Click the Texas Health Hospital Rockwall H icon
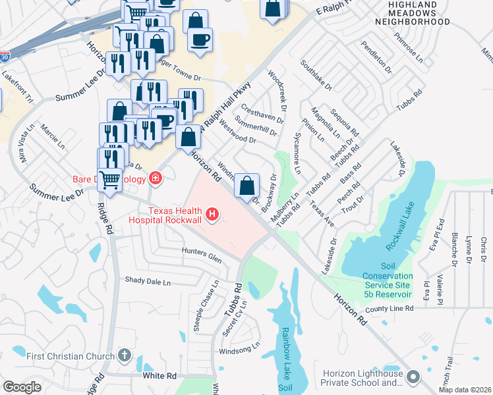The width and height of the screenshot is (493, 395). coord(212,214)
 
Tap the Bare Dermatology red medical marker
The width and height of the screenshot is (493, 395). coord(156,178)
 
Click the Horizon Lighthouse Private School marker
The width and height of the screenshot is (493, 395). coord(413,377)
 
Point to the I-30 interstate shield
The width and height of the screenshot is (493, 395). coord(5,58)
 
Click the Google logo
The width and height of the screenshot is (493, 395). coord(22,386)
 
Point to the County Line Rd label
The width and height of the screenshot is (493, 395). coord(389,308)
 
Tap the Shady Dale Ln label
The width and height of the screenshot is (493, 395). coord(148,281)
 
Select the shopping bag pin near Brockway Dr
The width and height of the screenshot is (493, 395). coord(247,186)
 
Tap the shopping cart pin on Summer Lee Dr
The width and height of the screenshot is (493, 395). coord(109,179)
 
